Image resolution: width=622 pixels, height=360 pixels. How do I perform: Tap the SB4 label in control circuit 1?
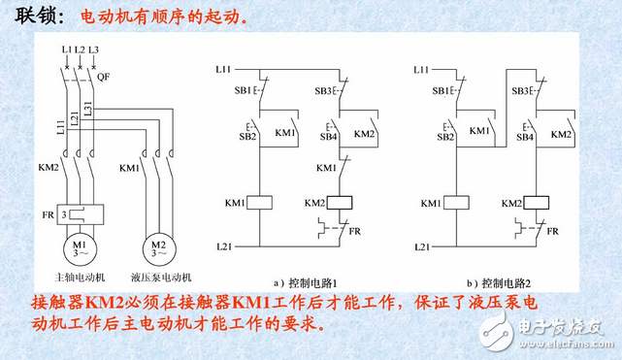[324, 137]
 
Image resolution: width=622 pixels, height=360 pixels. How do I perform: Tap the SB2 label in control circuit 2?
[445, 137]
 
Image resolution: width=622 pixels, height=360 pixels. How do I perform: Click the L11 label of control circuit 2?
[421, 70]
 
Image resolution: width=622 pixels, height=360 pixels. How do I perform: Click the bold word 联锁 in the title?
[36, 17]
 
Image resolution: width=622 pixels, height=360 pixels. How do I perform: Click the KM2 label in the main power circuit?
[49, 167]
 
